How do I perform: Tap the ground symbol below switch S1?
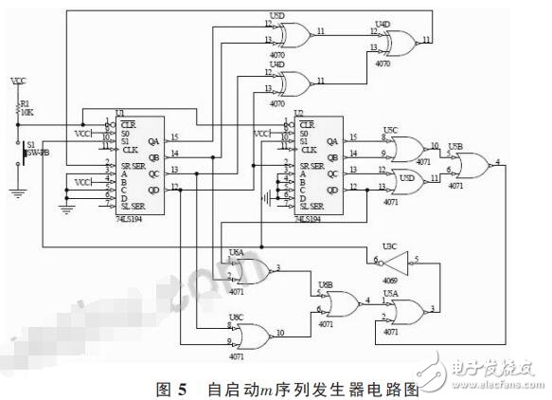(x=16, y=191)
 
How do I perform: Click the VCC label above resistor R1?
(x=16, y=81)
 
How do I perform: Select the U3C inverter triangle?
(x=395, y=259)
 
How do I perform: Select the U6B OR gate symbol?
(x=336, y=303)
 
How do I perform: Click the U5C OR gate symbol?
(x=408, y=147)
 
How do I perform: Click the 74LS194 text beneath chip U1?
(x=129, y=217)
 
